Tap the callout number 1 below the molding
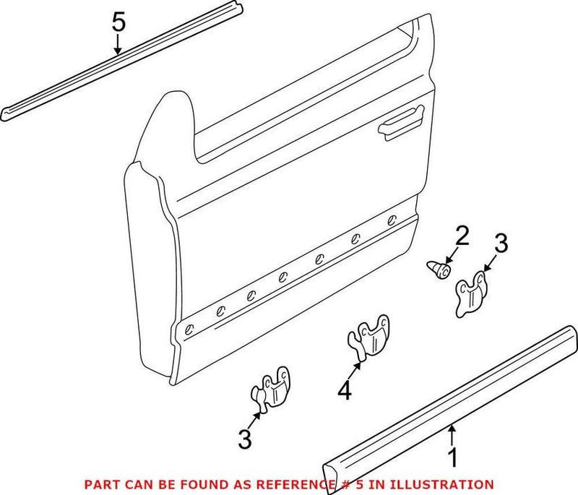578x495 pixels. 452,457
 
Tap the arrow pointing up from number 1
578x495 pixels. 452,434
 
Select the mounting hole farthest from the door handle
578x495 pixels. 189,329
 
